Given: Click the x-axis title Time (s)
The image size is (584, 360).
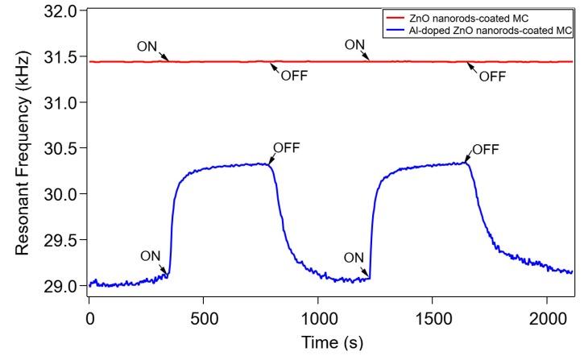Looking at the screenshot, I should point(330,342).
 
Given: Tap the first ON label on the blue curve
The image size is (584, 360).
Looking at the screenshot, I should point(150,256).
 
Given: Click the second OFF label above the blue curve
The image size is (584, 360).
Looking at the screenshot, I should point(485,149).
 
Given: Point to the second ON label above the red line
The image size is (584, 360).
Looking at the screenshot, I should point(355,45).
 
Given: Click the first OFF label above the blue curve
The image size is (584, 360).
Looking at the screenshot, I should point(287,148).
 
